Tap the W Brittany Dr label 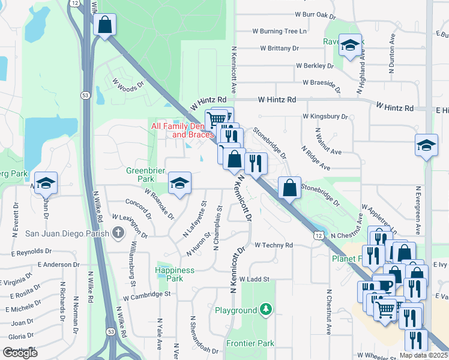[279, 48]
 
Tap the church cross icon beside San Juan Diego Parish [119, 233]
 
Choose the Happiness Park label [175, 274]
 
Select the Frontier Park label [250, 344]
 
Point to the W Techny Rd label [273, 245]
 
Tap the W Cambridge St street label [147, 295]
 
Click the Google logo [20, 353]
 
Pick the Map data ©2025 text [423, 355]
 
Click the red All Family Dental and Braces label [182, 130]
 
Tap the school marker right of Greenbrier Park [179, 183]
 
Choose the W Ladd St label [255, 279]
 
